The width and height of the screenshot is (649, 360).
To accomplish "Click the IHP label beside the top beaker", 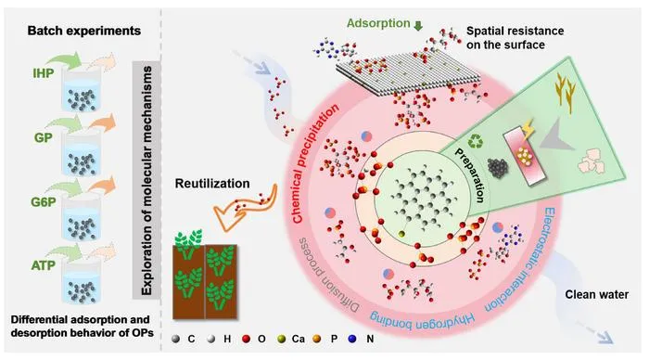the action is click(x=44, y=73).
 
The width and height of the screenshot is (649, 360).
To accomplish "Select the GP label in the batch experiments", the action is click(x=44, y=137).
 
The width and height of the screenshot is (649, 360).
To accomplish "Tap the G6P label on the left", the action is click(x=44, y=202).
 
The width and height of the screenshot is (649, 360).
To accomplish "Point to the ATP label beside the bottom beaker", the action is click(x=44, y=265).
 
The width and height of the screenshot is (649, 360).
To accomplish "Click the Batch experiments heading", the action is click(x=84, y=31).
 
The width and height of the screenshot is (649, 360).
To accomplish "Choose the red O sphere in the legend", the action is click(x=247, y=339).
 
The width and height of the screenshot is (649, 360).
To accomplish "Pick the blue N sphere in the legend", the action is click(x=352, y=339).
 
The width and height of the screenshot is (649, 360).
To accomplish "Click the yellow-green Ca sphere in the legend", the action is click(x=282, y=339).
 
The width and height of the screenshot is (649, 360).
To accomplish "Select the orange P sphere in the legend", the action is click(x=317, y=339).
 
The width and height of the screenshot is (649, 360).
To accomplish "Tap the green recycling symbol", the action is click(x=476, y=142).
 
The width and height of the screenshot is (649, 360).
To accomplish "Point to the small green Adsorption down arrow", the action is click(x=418, y=26).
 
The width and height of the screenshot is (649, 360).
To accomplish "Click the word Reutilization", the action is click(x=212, y=184).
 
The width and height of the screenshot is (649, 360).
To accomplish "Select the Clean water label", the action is click(x=597, y=294).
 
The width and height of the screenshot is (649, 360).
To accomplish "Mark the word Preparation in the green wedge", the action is click(x=470, y=175).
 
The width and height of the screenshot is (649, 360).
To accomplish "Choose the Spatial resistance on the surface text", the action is click(x=515, y=38).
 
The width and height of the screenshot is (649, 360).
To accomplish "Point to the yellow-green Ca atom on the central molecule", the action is click(x=401, y=234).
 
